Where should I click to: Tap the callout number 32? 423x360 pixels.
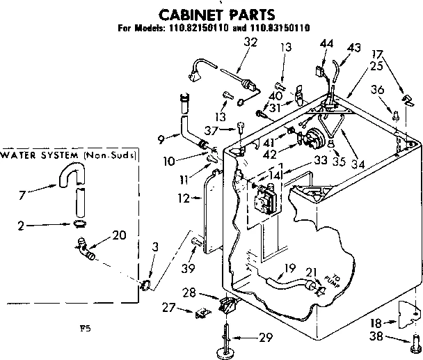click(232, 42)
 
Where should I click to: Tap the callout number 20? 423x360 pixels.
click(118, 235)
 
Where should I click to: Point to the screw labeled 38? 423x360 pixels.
click(415, 342)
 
